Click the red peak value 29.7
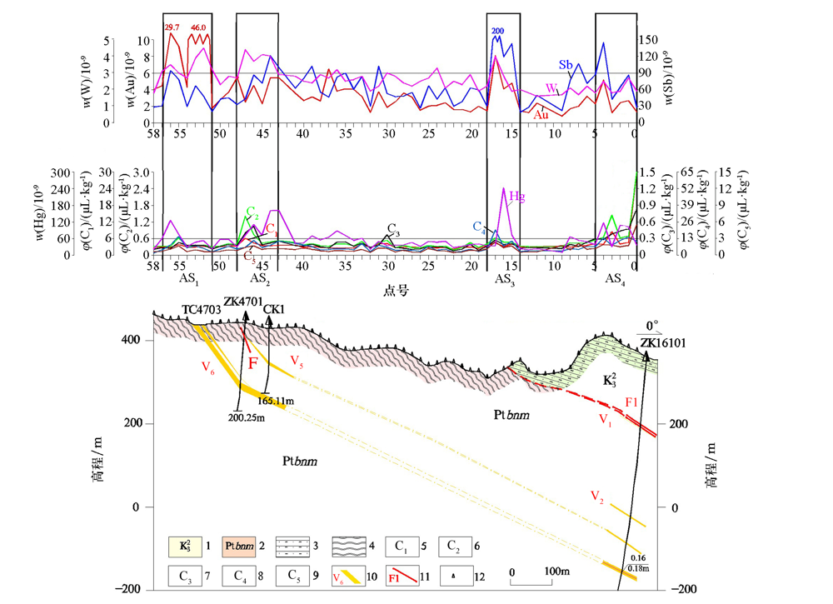[x=172, y=27]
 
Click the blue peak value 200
[x=498, y=31]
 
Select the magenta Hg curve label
[x=517, y=197]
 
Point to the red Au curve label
[x=541, y=115]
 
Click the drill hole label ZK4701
[x=242, y=303]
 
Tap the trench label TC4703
[x=202, y=310]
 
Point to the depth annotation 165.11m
[x=280, y=401]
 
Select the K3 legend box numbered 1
[x=190, y=547]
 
